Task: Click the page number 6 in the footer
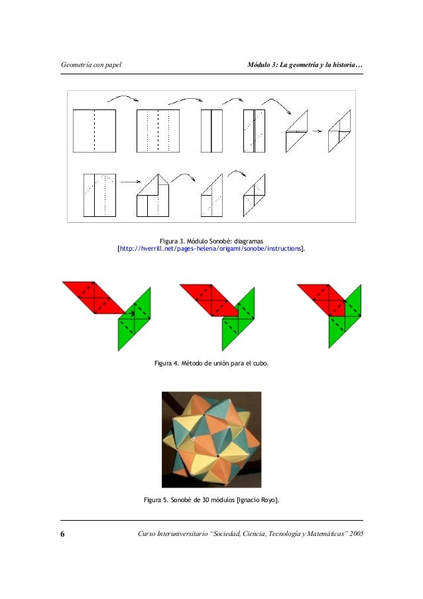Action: pyautogui.click(x=62, y=534)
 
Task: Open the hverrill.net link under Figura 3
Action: pyautogui.click(x=210, y=249)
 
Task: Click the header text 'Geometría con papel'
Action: pyautogui.click(x=91, y=64)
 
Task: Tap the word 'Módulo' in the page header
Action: pyautogui.click(x=259, y=64)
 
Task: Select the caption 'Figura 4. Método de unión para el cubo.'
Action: pyautogui.click(x=211, y=364)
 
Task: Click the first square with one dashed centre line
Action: pyautogui.click(x=94, y=131)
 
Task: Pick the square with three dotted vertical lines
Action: pyautogui.click(x=158, y=131)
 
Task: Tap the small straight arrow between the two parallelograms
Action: pyautogui.click(x=317, y=131)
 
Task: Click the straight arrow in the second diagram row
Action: pyautogui.click(x=131, y=182)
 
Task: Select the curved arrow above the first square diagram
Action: pyautogui.click(x=123, y=98)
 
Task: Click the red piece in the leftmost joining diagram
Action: pyautogui.click(x=94, y=297)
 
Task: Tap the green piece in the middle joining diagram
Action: pyautogui.click(x=239, y=319)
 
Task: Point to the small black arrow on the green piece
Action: pyautogui.click(x=131, y=314)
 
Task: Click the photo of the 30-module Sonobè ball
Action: pyautogui.click(x=211, y=439)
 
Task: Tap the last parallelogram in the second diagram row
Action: pyautogui.click(x=254, y=195)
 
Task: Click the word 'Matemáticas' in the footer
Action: pyautogui.click(x=324, y=534)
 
